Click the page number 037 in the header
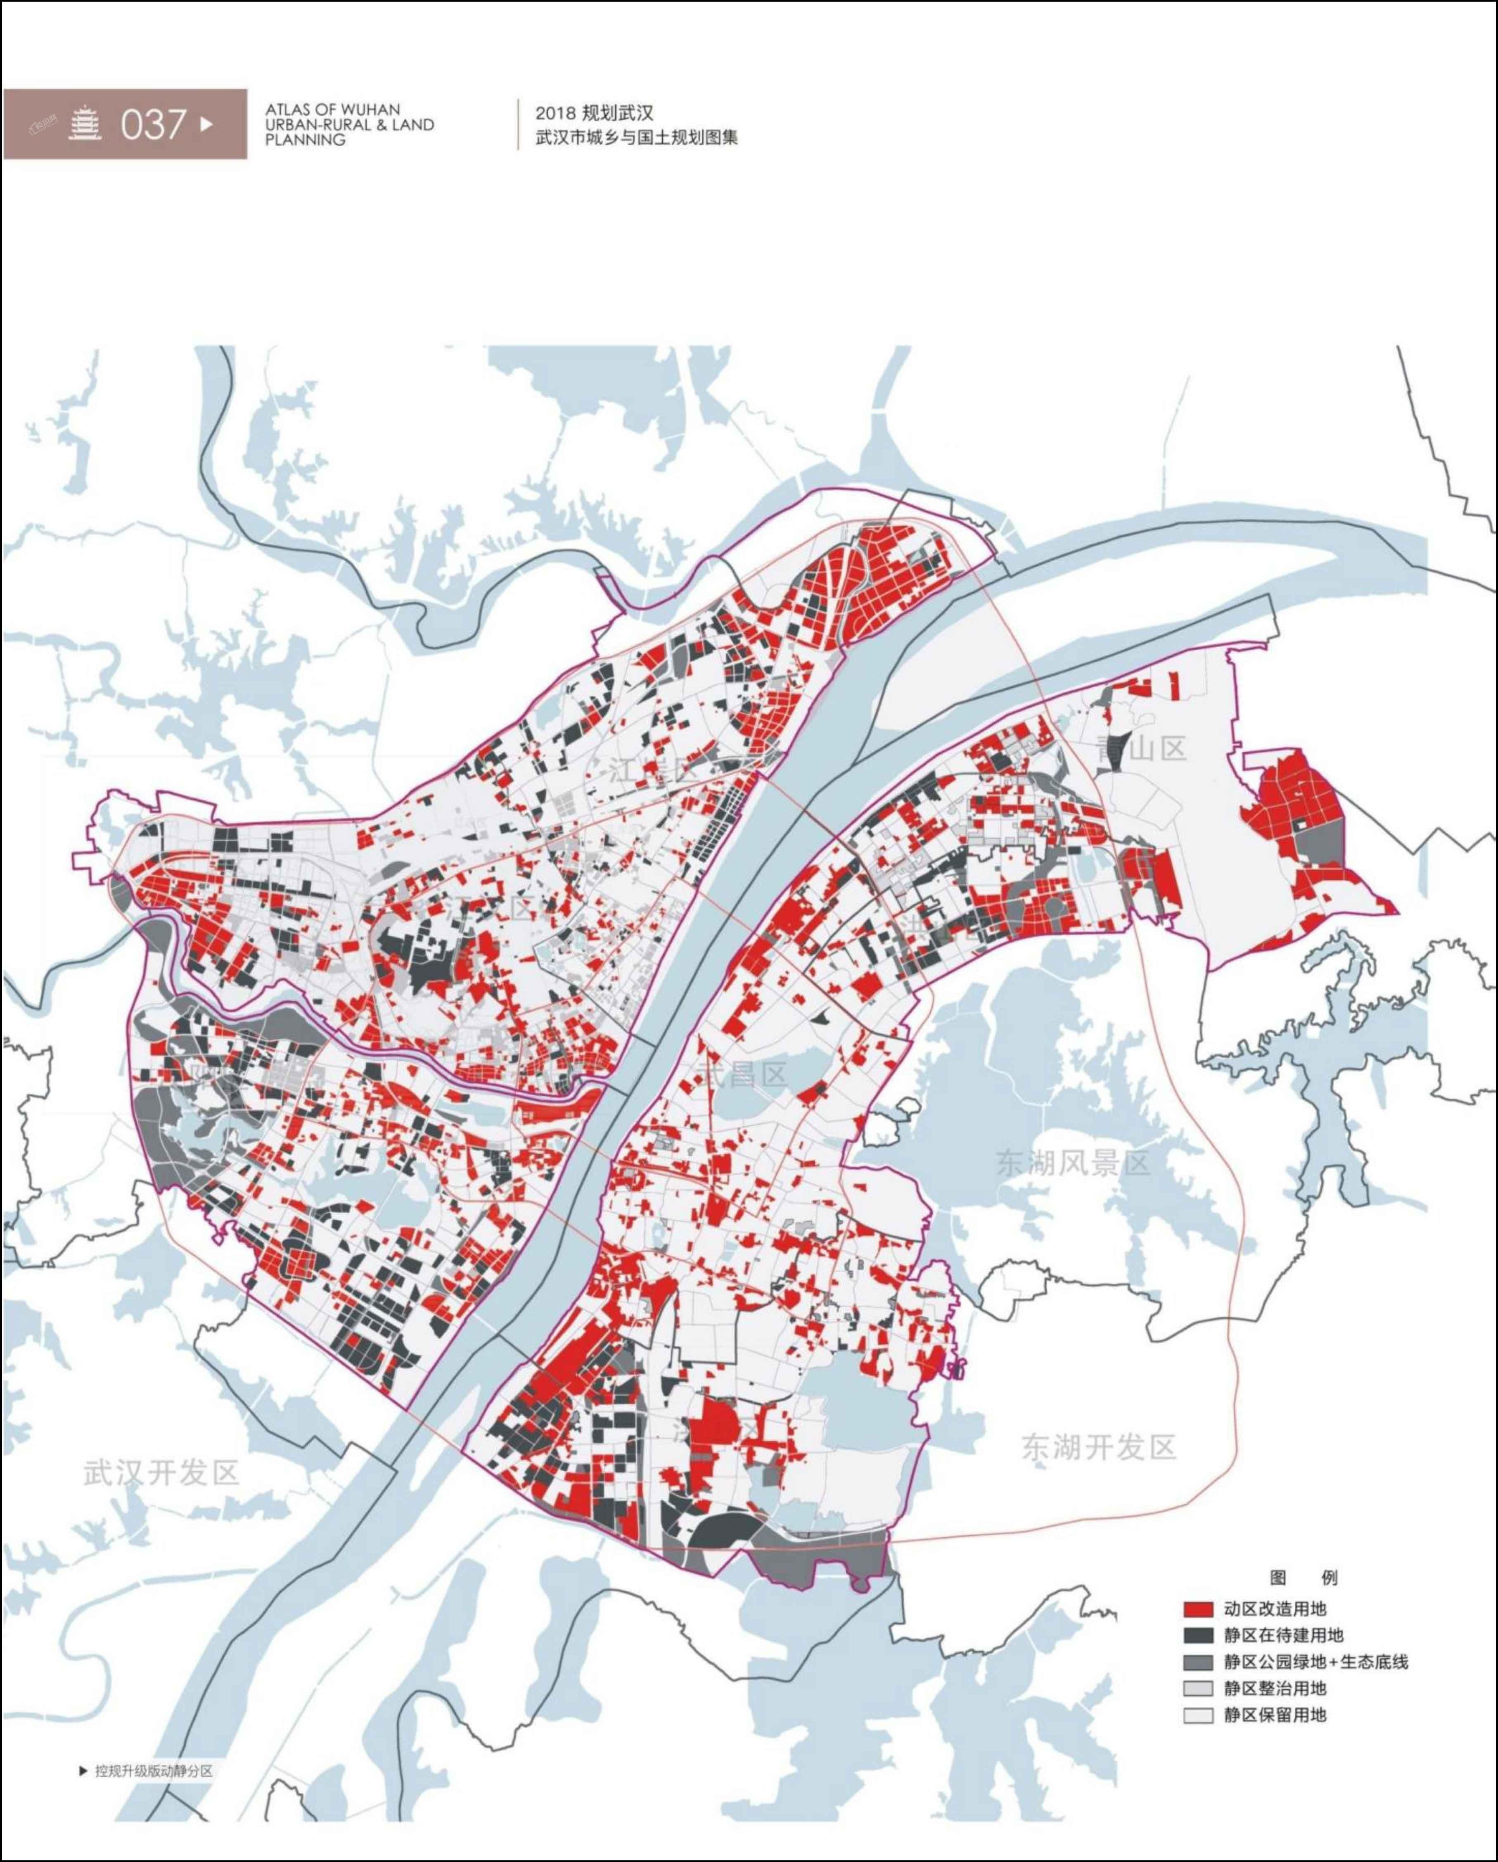(x=154, y=124)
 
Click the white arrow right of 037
(x=206, y=123)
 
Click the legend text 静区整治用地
(x=1274, y=1689)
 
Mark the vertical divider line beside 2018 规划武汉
(x=518, y=124)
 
